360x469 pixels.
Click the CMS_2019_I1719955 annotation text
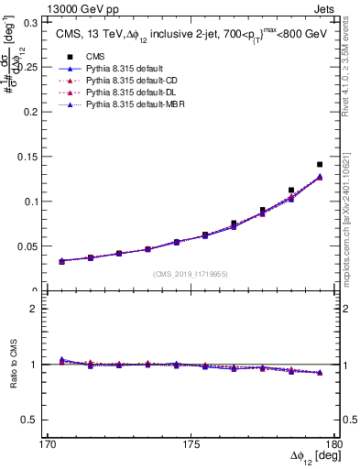pyautogui.click(x=190, y=274)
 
